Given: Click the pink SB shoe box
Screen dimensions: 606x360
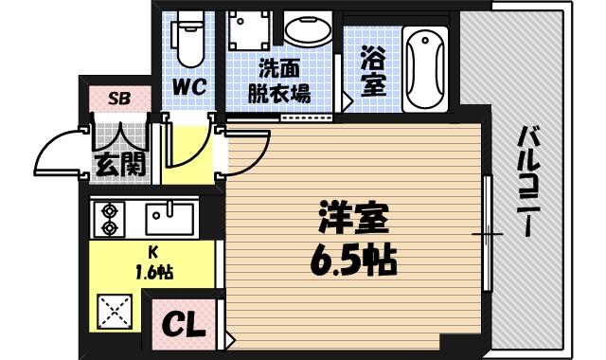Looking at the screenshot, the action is (119, 97).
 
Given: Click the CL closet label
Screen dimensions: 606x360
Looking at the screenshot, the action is (185, 325).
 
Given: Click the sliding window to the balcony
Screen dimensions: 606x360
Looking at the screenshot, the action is (487, 231).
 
